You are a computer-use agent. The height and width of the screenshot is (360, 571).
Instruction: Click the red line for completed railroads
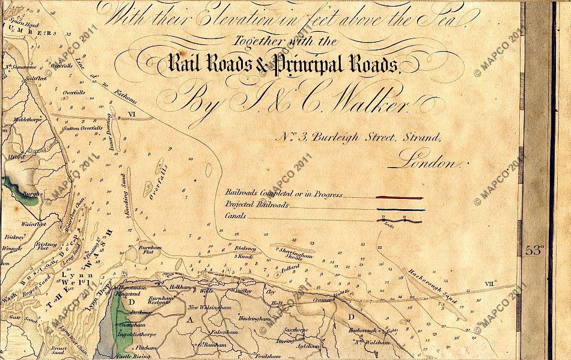pos(400,197)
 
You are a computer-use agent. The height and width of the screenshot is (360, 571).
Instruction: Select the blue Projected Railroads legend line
pos(400,210)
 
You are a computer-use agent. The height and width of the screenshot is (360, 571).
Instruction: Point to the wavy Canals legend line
pos(400,221)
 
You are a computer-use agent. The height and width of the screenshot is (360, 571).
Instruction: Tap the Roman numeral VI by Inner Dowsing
pos(132,113)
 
